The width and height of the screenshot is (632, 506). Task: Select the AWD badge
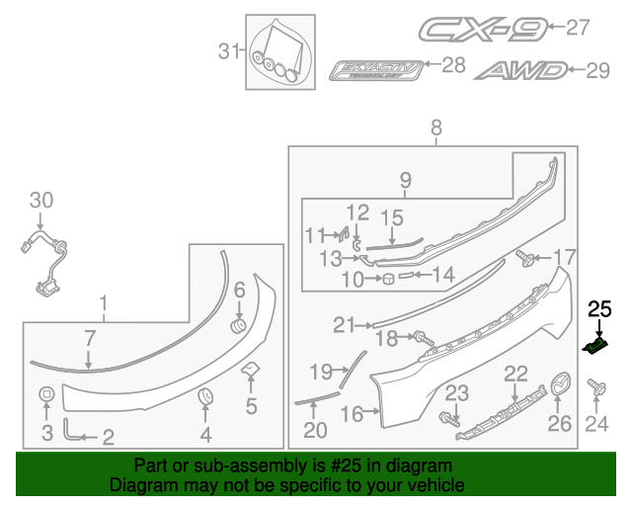tap(521, 70)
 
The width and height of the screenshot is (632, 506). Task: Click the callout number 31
tap(229, 50)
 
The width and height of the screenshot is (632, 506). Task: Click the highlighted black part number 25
tap(597, 345)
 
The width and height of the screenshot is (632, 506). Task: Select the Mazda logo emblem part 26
tap(560, 383)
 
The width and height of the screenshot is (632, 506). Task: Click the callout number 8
tap(435, 126)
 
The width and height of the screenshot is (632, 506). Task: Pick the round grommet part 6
tap(237, 325)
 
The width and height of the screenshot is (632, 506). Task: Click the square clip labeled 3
tap(46, 396)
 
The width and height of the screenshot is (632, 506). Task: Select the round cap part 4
tap(206, 397)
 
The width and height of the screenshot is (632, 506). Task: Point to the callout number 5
tap(251, 405)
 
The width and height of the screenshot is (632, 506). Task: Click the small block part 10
tap(388, 280)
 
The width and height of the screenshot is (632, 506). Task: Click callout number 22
tap(515, 374)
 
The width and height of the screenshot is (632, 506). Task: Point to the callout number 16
tap(352, 415)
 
